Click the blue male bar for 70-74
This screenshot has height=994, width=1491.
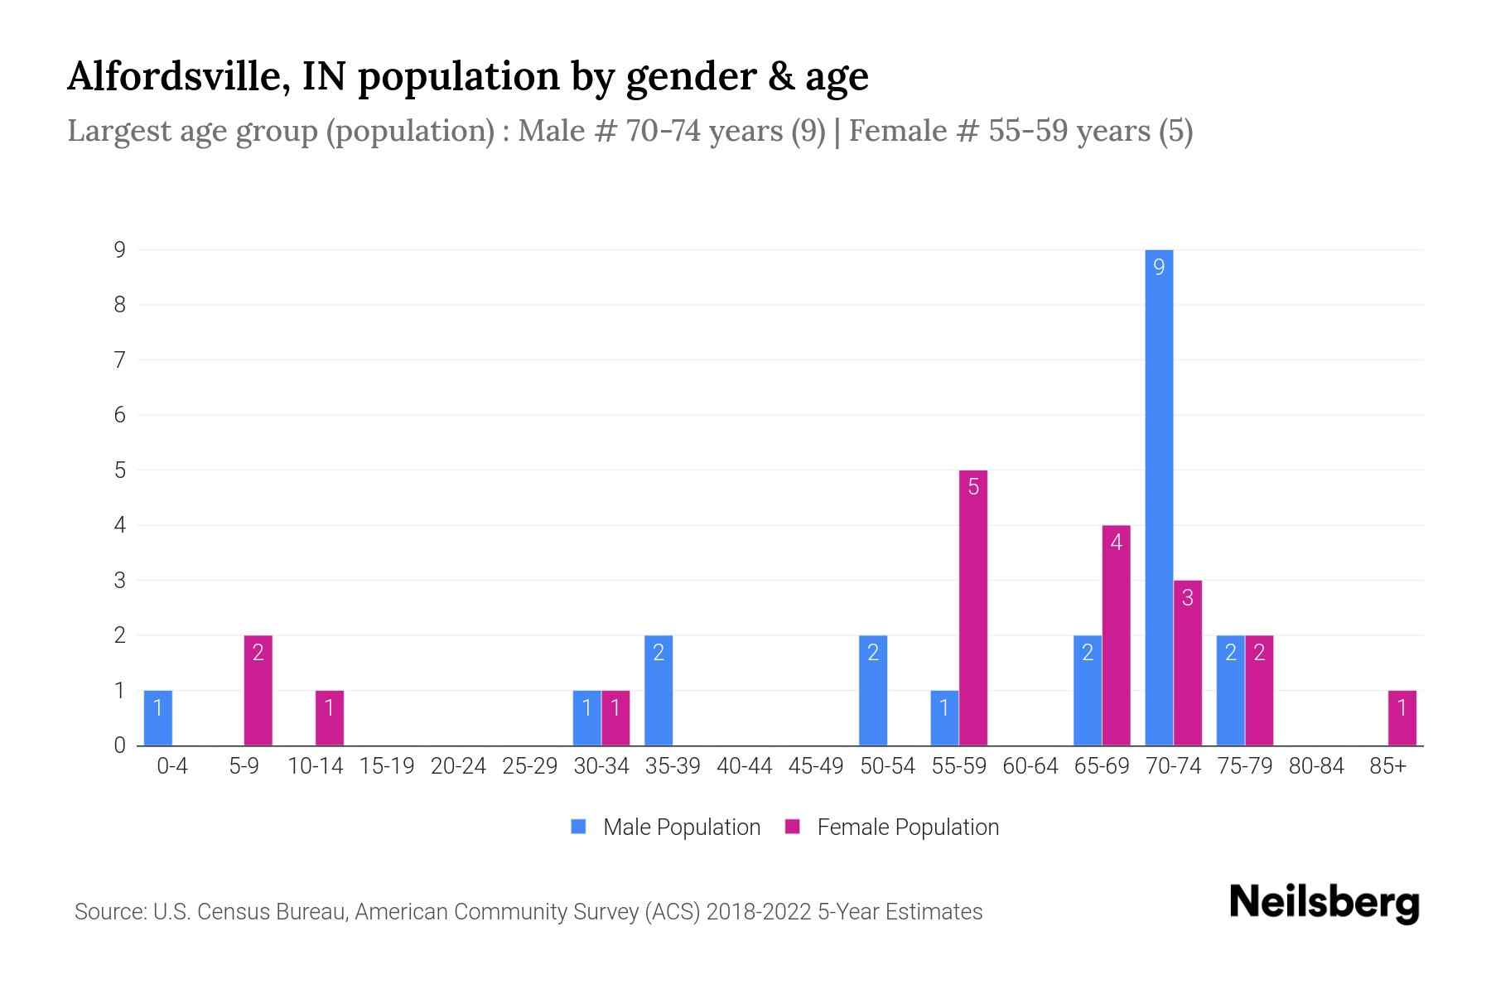[x=1159, y=497]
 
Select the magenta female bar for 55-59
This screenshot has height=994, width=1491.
[x=973, y=608]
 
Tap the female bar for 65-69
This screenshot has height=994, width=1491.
[x=1116, y=635]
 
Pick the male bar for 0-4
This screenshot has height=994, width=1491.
[x=158, y=718]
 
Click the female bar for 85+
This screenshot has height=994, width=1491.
[x=1402, y=718]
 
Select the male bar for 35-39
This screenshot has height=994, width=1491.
[x=659, y=691]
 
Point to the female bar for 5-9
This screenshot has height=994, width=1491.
[x=258, y=691]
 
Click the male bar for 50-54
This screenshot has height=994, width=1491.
[x=873, y=691]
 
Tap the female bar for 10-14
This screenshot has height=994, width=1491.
[x=330, y=718]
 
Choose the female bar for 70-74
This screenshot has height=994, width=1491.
[x=1188, y=663]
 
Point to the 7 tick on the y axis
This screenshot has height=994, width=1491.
[x=120, y=359]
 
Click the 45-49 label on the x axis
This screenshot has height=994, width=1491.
[x=816, y=766]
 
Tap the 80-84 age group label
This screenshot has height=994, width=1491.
[x=1316, y=766]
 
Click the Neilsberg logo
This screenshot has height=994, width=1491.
[x=1324, y=902]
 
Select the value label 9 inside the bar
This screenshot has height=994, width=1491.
[x=1159, y=267]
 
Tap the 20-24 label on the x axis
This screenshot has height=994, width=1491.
[x=458, y=766]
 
